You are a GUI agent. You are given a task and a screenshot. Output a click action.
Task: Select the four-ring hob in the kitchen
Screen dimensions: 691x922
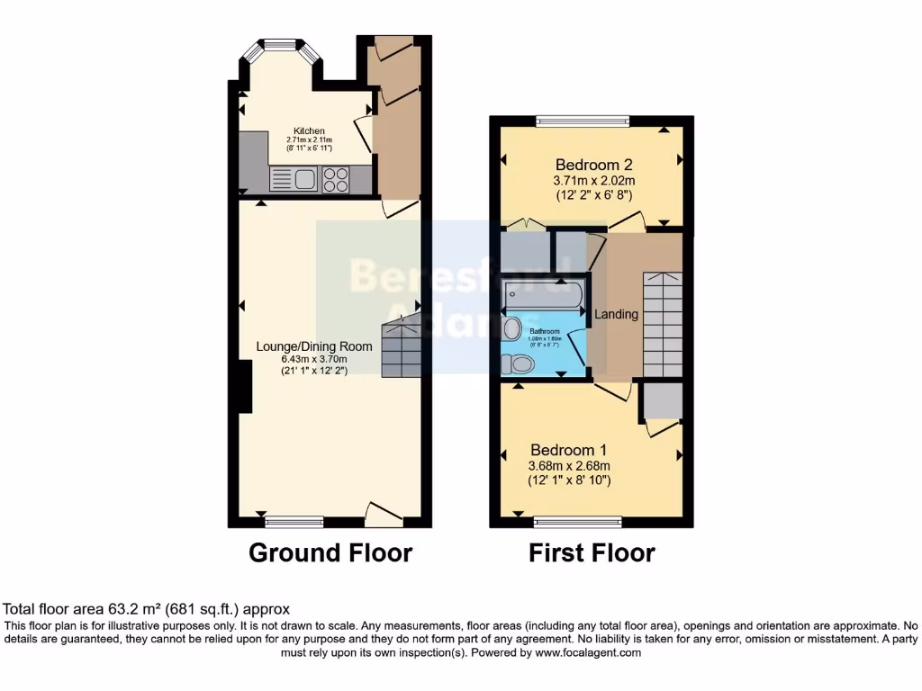tap(336, 180)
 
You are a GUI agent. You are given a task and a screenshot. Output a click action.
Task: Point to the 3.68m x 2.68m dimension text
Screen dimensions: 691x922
tap(568, 465)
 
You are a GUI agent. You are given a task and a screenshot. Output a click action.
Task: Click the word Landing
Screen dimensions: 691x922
tap(617, 314)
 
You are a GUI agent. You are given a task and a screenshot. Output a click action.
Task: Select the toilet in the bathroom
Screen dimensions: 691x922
tap(519, 363)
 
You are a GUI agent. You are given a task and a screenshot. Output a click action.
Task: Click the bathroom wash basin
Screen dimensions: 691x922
tap(511, 329)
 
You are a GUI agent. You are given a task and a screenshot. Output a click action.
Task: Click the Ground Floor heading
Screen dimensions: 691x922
tap(330, 552)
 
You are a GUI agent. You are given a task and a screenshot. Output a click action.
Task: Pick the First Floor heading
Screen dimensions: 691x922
tap(592, 552)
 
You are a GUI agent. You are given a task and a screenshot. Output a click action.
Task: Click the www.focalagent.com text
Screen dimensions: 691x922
tap(589, 653)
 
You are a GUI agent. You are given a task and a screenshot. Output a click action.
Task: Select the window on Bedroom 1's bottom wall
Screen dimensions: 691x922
tap(577, 520)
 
